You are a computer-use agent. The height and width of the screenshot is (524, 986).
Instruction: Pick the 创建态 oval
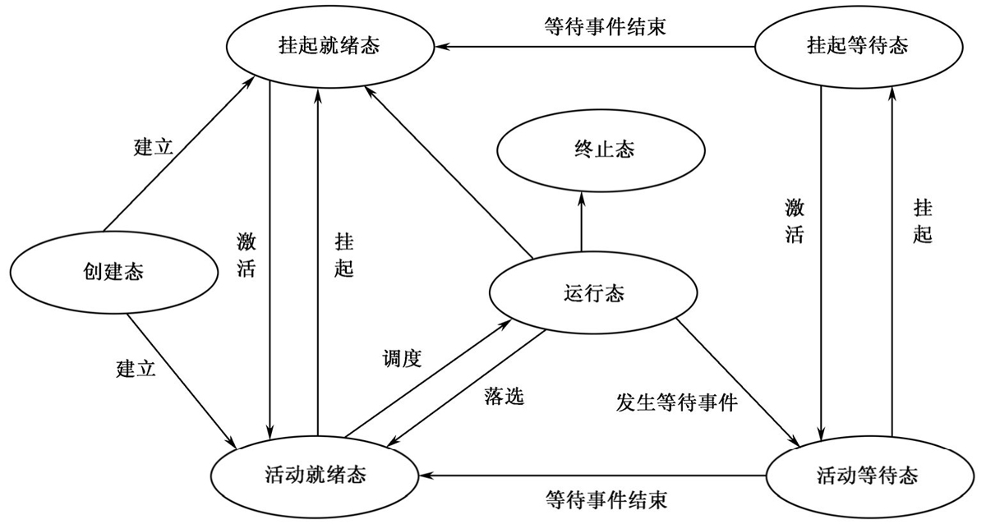tap(113, 271)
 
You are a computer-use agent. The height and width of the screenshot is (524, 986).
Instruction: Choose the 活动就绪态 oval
tap(316, 474)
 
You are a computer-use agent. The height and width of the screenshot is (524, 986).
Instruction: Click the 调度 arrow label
tap(402, 359)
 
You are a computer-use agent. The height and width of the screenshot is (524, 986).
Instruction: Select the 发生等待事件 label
tap(677, 402)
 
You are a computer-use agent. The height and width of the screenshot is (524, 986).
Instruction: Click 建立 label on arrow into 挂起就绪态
tap(154, 148)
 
